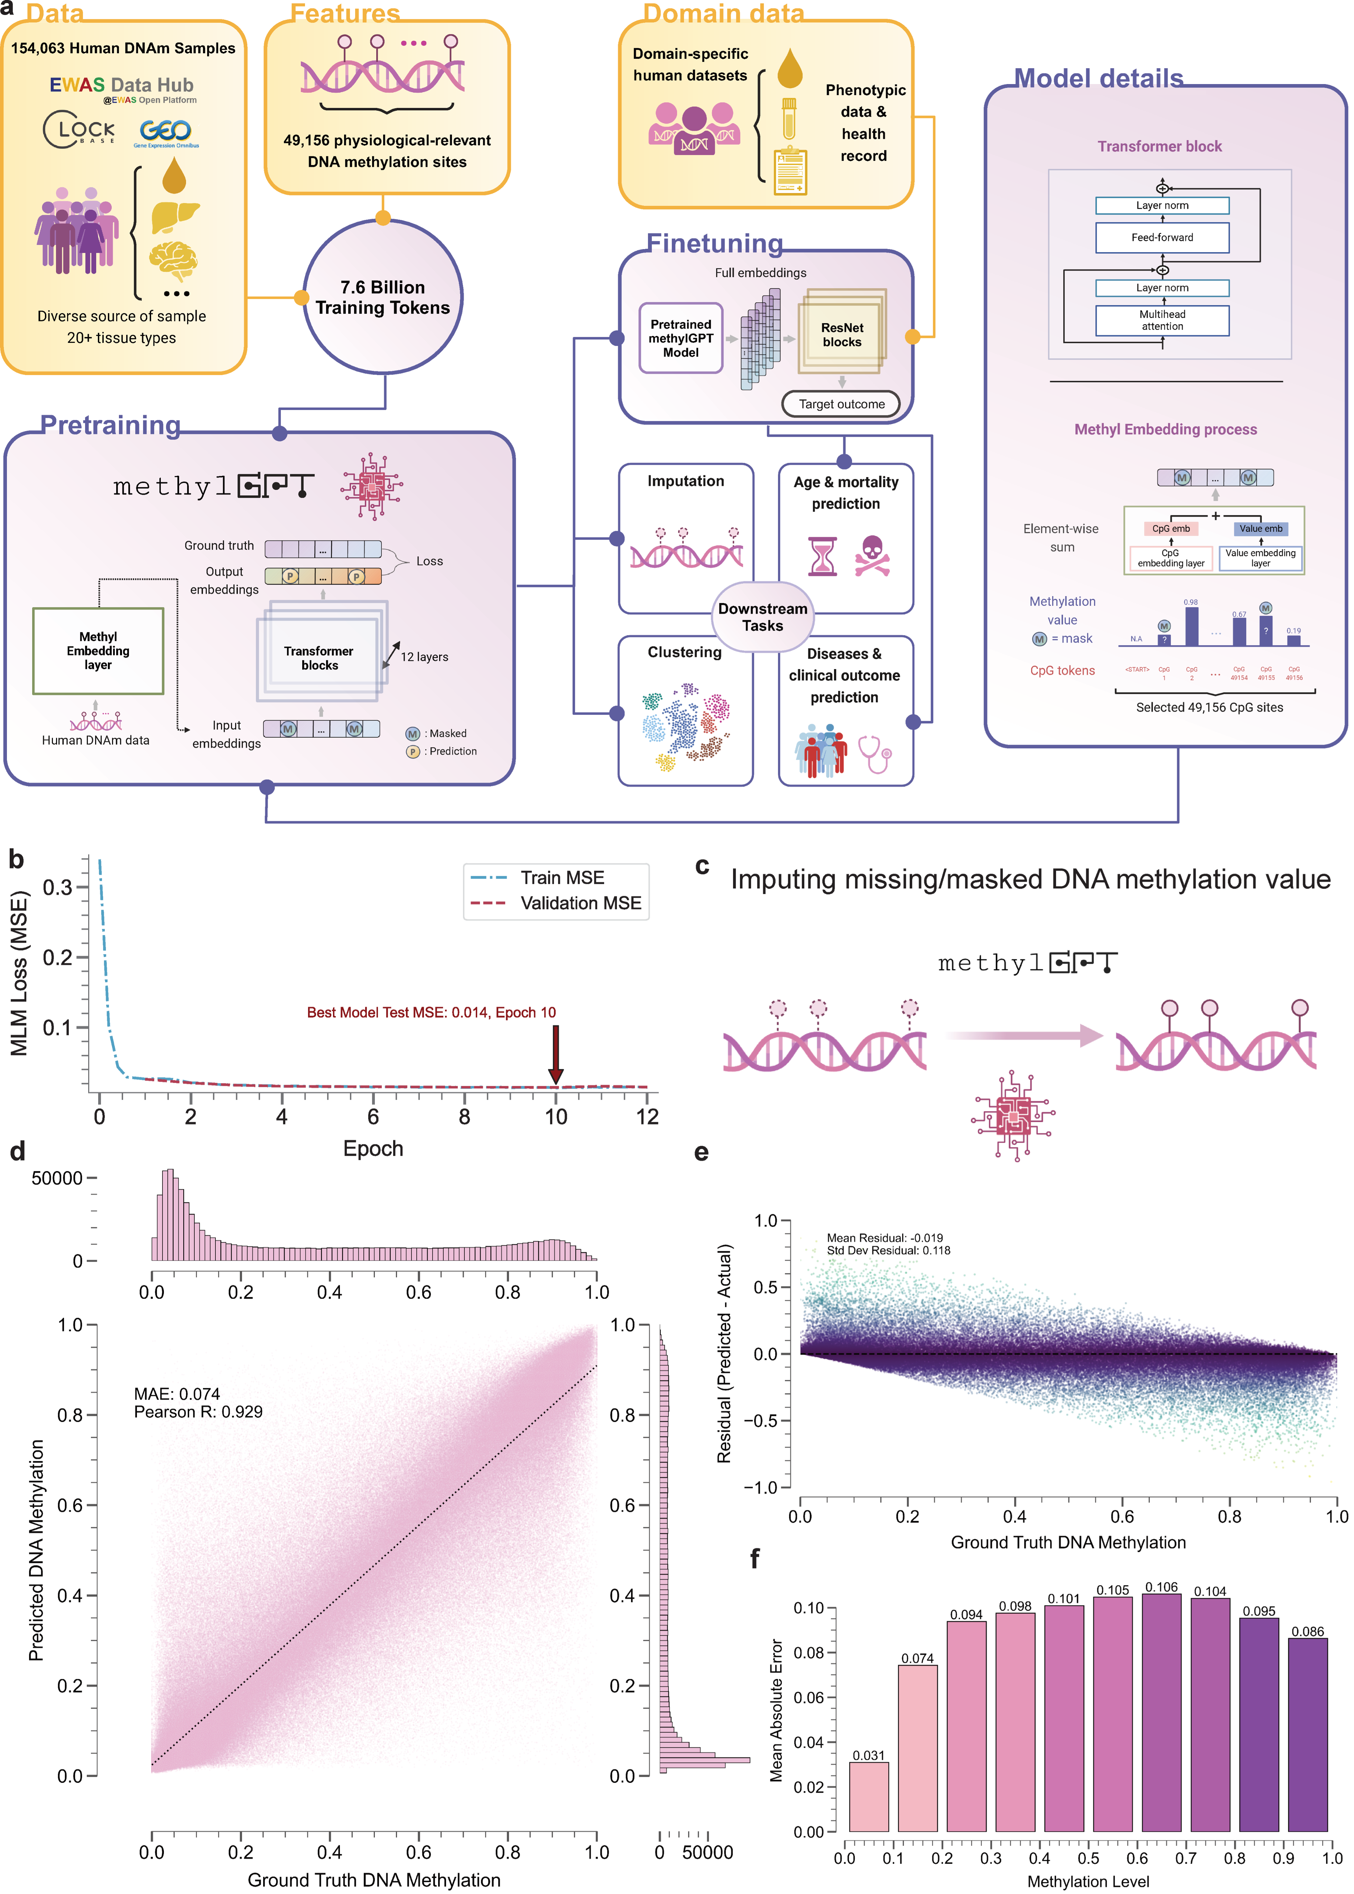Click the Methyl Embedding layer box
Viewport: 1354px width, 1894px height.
[99, 650]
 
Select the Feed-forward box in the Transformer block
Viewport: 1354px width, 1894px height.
[1162, 238]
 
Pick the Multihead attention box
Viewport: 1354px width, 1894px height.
[1162, 320]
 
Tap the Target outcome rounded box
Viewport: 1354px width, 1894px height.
[841, 404]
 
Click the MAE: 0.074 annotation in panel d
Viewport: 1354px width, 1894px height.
[177, 1394]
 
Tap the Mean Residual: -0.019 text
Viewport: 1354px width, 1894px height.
[884, 1238]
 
